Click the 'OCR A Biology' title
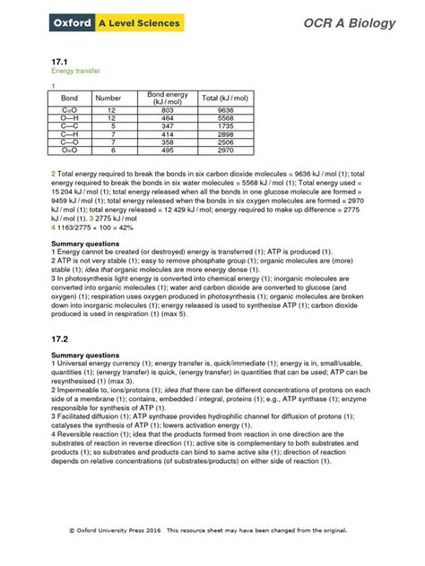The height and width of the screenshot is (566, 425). pyautogui.click(x=348, y=23)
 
